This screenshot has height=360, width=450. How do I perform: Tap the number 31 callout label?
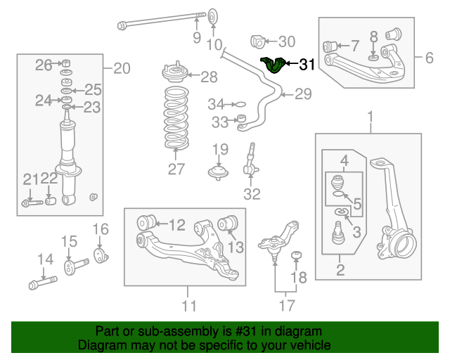tap(307, 65)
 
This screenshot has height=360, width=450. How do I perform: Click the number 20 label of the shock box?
tap(122, 68)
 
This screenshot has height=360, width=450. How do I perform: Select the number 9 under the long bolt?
tap(197, 37)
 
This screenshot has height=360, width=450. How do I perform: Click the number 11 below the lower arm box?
tap(188, 306)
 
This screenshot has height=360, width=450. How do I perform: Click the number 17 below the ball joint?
tap(285, 306)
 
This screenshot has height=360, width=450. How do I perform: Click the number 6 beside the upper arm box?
tap(429, 57)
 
